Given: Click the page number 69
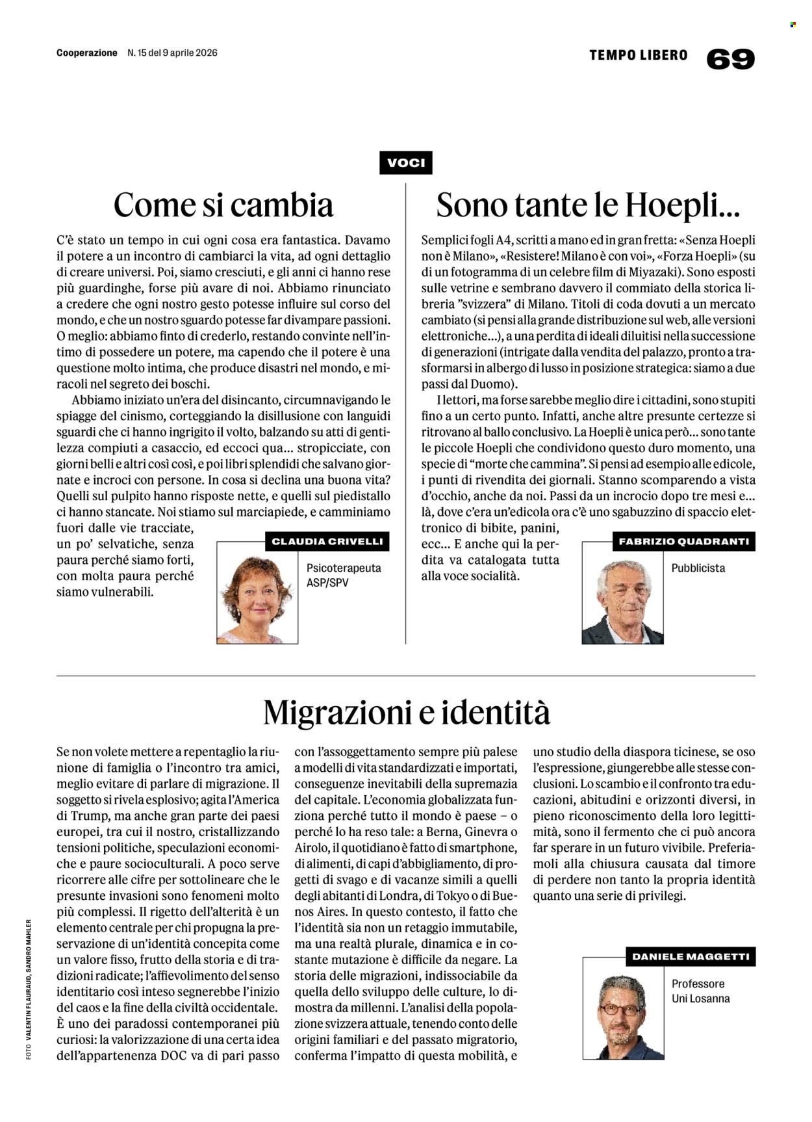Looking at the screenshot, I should click(730, 59).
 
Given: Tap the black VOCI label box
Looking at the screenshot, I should click(405, 162).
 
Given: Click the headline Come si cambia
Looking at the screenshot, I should click(223, 205).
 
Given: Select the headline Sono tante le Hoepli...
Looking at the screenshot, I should click(588, 205).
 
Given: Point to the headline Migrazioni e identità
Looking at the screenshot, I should click(406, 712).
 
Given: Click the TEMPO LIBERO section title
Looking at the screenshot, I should click(638, 56).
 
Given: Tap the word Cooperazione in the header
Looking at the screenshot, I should click(87, 53).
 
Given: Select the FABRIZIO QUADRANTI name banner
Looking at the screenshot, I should click(683, 541).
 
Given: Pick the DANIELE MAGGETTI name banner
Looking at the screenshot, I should click(691, 956).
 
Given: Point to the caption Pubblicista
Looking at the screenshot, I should click(698, 568).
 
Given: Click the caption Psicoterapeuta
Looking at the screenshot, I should click(344, 568).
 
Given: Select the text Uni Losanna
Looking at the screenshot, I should click(700, 999).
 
